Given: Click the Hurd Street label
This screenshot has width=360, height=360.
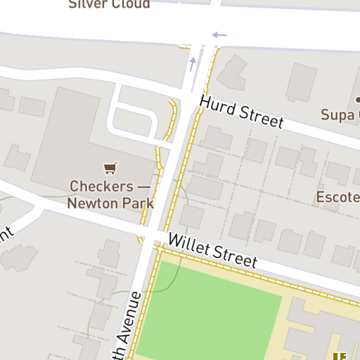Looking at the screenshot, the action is point(241,112).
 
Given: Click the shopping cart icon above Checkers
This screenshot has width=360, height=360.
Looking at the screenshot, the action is point(110,167).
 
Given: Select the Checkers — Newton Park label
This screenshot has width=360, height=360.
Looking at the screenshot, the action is point(110,195).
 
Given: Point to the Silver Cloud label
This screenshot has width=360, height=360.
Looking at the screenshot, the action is point(110,4).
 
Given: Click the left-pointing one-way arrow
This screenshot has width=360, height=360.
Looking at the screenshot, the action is point(219,34).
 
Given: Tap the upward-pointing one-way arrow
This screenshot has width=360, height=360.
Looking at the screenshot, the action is point(193,65).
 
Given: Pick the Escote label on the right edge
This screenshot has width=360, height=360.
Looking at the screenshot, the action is point(338,197).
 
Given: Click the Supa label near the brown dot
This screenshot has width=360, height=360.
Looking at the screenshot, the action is point(340,115).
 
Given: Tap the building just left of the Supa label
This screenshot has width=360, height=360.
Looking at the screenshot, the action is point(301,82).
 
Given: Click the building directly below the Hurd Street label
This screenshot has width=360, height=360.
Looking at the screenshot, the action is point(217,139).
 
